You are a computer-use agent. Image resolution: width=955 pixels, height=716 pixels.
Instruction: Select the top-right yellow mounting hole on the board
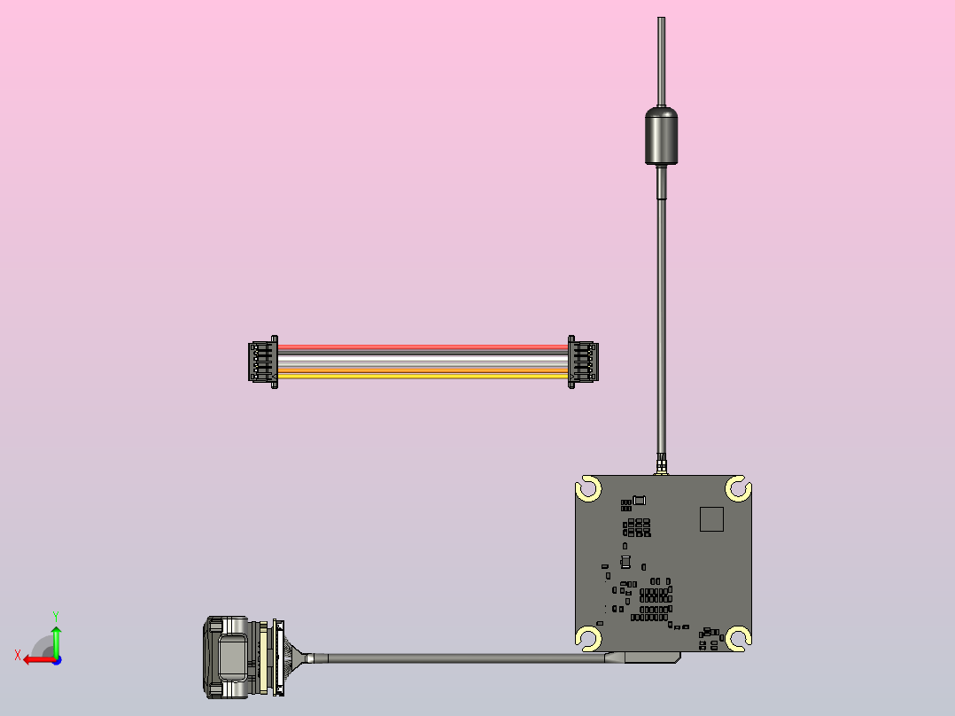[x=738, y=488]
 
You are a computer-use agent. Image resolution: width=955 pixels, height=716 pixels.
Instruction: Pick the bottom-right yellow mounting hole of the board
[x=738, y=636]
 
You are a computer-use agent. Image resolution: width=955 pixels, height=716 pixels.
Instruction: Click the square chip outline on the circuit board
[x=711, y=518]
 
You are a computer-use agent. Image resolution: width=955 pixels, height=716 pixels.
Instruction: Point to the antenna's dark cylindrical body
[x=661, y=136]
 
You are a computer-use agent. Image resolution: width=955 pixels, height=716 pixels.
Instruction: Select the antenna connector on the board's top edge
[x=661, y=466]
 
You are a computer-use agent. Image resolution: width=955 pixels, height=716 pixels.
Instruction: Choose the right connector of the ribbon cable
[x=582, y=361]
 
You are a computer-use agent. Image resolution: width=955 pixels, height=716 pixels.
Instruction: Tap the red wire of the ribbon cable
[x=422, y=347]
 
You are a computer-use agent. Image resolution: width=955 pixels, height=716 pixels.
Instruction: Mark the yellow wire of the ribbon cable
[x=422, y=376]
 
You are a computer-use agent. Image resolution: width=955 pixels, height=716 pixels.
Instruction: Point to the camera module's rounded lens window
[x=233, y=658]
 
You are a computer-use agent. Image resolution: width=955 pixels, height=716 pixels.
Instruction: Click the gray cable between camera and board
[x=461, y=658]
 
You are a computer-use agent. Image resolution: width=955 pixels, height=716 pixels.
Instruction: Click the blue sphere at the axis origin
[x=56, y=659]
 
